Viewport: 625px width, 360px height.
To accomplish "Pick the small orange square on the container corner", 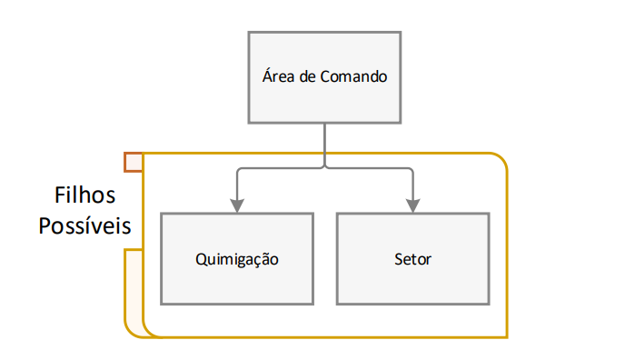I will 134,162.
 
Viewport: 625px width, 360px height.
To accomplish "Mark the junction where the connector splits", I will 325,168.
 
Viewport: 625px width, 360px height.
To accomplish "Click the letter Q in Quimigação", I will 201,259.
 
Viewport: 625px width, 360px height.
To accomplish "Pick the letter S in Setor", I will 399,259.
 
